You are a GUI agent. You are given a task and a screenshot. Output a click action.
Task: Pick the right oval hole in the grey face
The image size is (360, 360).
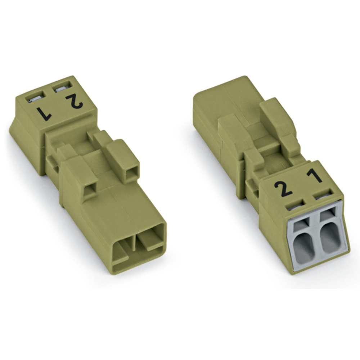tap(329, 239)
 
